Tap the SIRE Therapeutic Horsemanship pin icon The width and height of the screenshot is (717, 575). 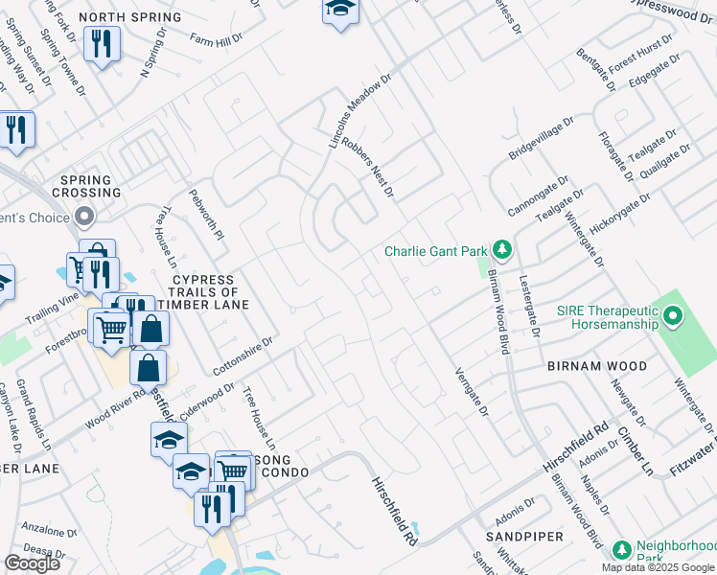click(672, 315)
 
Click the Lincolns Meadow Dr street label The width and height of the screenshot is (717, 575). click(360, 113)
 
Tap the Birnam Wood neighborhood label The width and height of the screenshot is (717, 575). click(596, 366)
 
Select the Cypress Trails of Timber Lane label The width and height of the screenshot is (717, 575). click(203, 292)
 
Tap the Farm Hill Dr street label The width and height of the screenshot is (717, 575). click(216, 40)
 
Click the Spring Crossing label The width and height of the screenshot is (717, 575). click(91, 186)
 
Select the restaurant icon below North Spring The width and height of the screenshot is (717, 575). click(101, 43)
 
